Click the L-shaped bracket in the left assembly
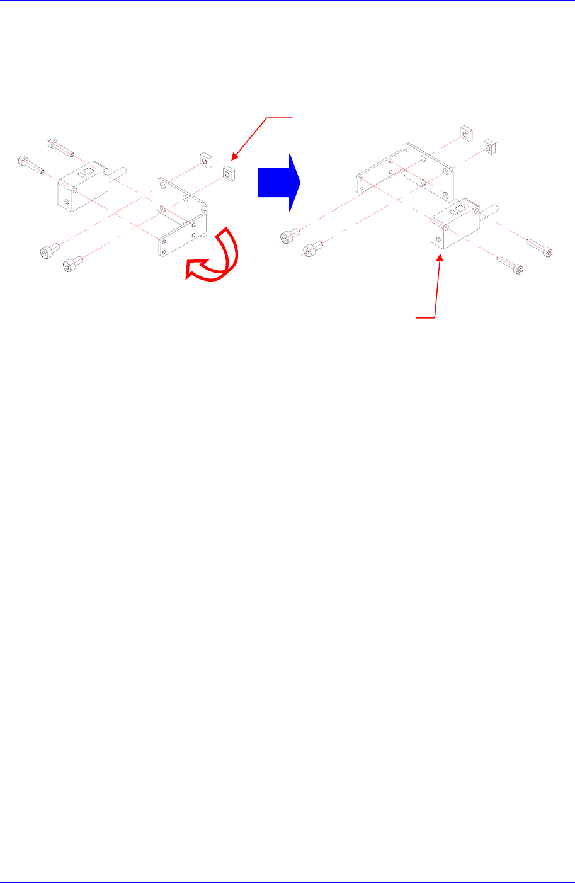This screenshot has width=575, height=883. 181,217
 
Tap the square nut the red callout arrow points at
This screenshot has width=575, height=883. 228,172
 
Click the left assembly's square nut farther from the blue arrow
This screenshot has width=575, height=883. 204,159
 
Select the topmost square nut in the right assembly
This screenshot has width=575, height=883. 465,133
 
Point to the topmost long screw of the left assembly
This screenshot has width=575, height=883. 60,147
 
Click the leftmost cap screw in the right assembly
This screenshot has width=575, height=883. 287,236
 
